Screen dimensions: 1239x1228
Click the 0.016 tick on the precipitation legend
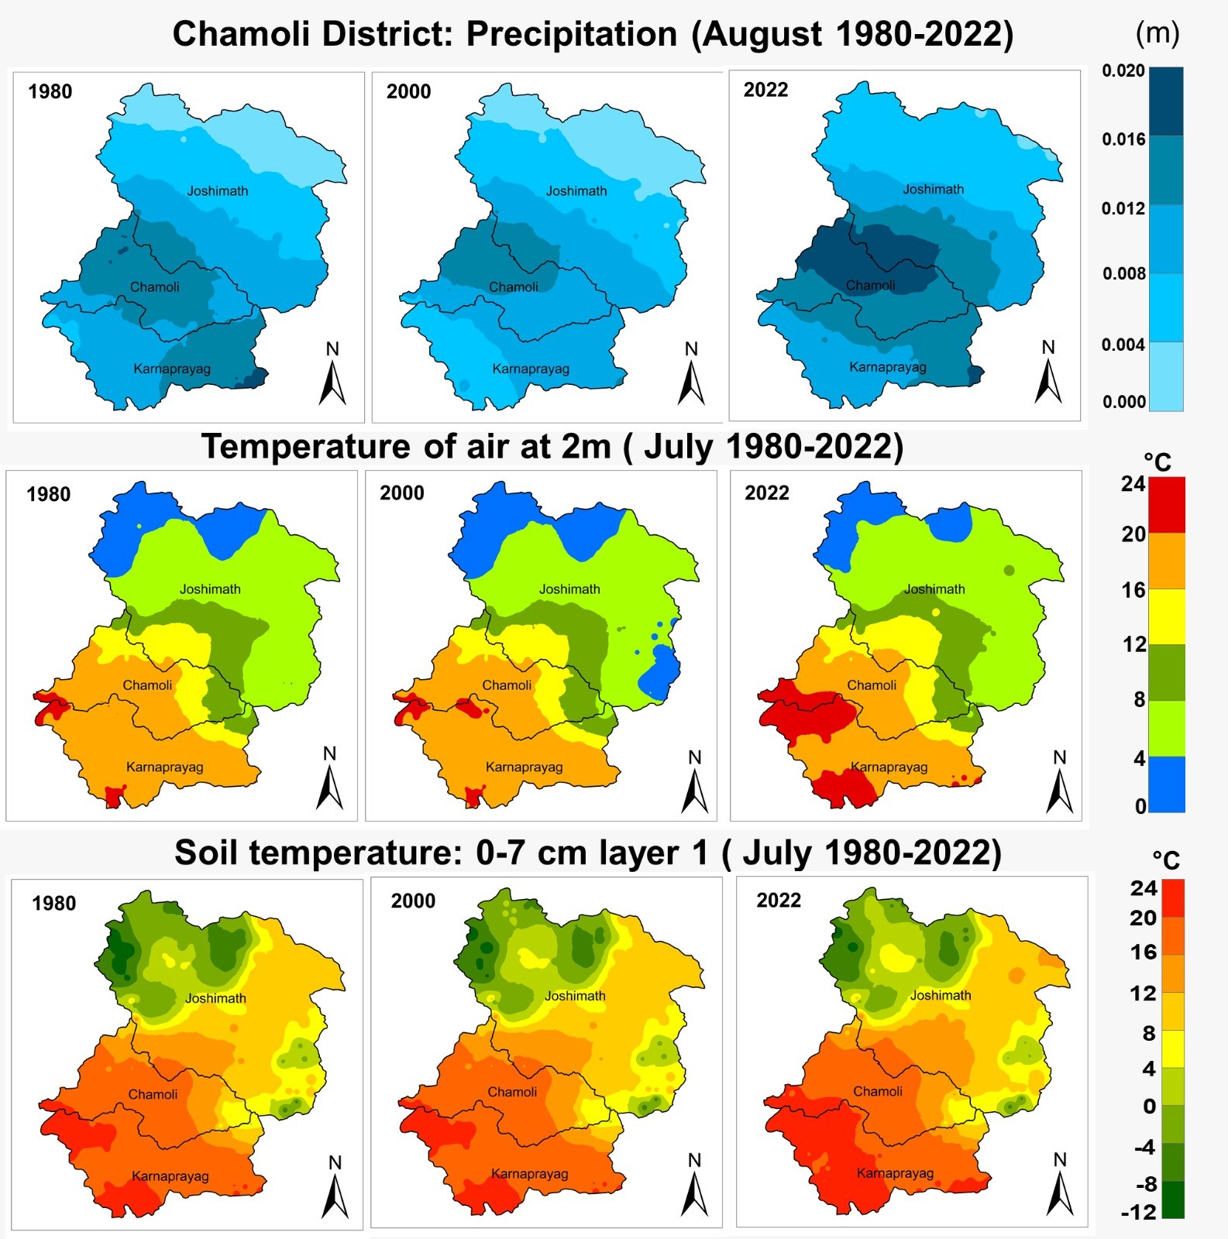[x=1123, y=139]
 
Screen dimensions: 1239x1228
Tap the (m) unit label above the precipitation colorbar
[x=1157, y=33]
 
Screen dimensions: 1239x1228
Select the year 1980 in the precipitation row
[x=50, y=91]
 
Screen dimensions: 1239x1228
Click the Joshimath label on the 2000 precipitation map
[x=576, y=191]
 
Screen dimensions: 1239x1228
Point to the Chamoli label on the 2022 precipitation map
[x=870, y=286]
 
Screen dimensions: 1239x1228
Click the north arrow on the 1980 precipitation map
[x=332, y=376]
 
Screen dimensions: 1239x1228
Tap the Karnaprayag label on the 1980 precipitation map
[x=172, y=369]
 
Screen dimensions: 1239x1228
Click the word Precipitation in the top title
[x=572, y=35]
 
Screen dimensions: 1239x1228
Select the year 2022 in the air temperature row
[x=767, y=493]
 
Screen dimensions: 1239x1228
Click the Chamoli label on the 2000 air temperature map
[x=507, y=685]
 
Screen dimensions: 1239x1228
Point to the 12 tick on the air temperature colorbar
[x=1134, y=644]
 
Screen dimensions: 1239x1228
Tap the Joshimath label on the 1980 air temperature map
[x=210, y=589]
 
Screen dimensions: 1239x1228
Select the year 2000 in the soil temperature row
[x=413, y=901]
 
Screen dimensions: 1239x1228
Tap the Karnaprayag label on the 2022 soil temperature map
[x=895, y=1173]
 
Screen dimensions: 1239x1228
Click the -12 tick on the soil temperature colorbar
[x=1138, y=1213]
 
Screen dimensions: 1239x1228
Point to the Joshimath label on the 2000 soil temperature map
[x=575, y=996]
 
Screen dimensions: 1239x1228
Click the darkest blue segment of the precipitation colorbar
[x=1166, y=101]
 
